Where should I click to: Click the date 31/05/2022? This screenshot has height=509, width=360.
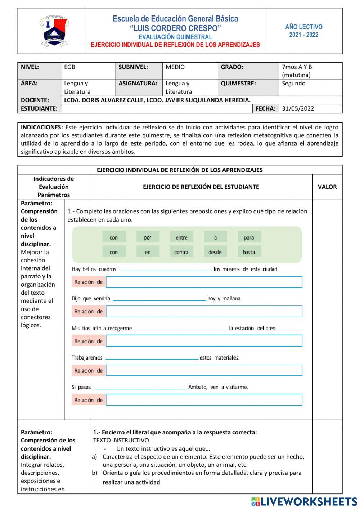[298, 108]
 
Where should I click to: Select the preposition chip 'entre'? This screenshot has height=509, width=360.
[181, 237]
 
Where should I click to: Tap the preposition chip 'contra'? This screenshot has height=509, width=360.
[181, 252]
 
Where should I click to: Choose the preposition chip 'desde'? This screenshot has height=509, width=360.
[215, 252]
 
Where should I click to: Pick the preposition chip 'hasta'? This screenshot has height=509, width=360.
[249, 252]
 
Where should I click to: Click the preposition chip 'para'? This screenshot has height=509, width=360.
[249, 237]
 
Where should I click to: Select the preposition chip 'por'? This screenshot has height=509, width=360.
[148, 237]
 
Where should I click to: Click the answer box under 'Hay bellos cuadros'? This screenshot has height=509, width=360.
[204, 282]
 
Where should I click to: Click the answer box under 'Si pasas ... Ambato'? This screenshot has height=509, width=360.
[204, 400]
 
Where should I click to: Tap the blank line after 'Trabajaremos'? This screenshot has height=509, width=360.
[152, 358]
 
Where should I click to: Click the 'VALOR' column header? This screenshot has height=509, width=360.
[327, 187]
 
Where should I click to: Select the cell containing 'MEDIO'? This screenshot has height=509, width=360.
[175, 67]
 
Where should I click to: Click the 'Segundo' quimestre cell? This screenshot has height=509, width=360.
[293, 84]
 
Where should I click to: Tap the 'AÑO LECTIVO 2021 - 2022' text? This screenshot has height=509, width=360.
[304, 31]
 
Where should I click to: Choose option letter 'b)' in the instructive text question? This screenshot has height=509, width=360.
[95, 473]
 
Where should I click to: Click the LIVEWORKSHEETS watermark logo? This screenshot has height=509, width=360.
[304, 501]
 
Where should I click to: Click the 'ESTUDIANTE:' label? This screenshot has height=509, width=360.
[39, 108]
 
